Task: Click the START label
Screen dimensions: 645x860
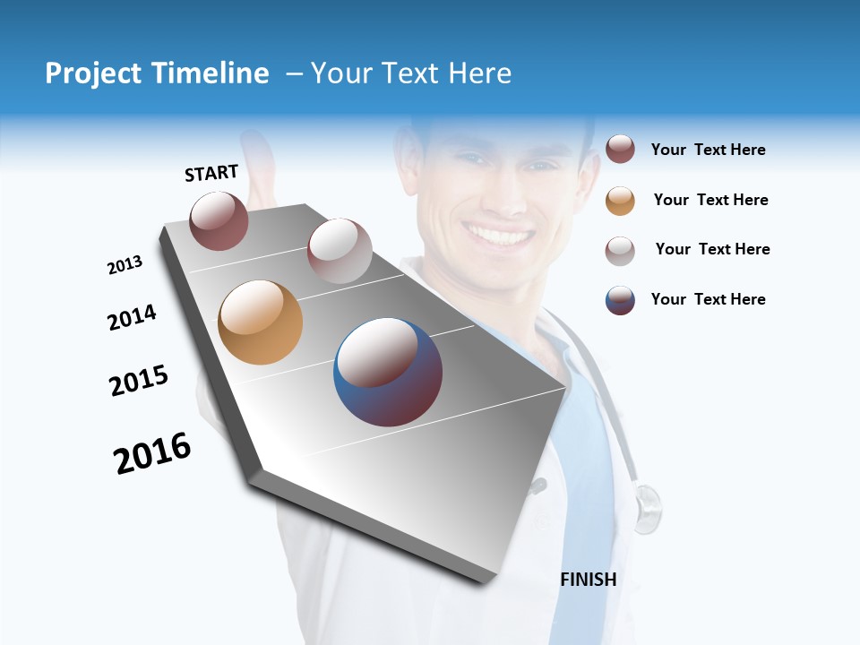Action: [x=211, y=173]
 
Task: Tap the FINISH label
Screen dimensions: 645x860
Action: [x=589, y=580]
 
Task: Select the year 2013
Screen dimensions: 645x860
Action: [x=125, y=265]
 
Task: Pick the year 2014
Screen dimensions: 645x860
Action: [x=133, y=318]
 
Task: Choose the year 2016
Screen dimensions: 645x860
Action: [x=153, y=453]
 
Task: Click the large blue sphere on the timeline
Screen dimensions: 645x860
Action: [x=388, y=372]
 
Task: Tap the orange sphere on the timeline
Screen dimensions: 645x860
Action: [x=261, y=322]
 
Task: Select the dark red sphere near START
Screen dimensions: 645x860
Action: [x=219, y=220]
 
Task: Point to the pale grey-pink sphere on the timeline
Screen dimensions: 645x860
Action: [x=340, y=250]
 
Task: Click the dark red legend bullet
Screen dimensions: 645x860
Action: [x=620, y=150]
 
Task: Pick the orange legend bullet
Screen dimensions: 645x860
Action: [x=620, y=201]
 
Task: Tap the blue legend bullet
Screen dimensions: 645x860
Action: [x=620, y=300]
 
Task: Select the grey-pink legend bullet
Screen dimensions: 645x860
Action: [x=620, y=251]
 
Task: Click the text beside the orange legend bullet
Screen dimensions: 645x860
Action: [x=710, y=200]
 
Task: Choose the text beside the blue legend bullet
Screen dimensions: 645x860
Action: [x=708, y=299]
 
